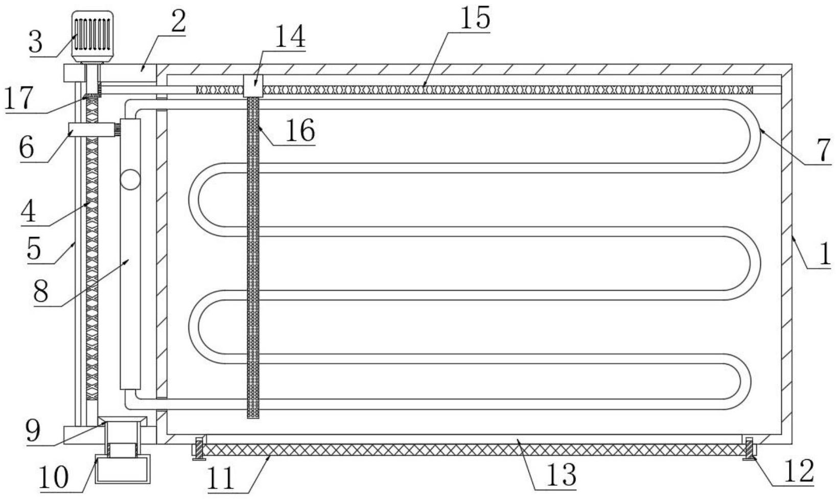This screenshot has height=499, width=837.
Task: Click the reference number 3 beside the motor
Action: [36, 42]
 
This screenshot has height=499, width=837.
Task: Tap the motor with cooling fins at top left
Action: [92, 36]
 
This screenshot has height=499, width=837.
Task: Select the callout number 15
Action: [475, 18]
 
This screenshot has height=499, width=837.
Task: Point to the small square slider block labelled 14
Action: [253, 85]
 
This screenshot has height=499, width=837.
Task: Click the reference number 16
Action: [299, 131]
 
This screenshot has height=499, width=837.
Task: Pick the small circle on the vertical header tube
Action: [130, 180]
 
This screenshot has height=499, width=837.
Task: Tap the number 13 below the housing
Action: [562, 474]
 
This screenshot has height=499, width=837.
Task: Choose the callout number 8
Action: [40, 292]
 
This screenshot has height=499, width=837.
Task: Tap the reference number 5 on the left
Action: [34, 249]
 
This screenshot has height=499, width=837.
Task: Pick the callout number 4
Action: [29, 211]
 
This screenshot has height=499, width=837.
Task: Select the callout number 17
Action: [18, 99]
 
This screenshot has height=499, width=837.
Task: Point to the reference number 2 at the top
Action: [178, 21]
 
